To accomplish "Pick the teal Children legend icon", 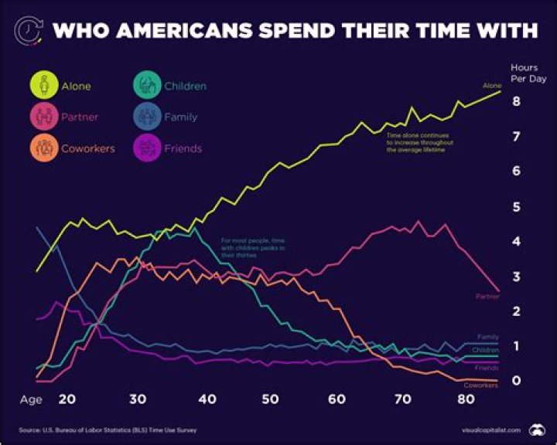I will tap(147, 86).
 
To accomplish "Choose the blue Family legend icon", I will tap(147, 117).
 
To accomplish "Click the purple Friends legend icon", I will tap(147, 148).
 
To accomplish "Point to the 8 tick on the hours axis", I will tap(515, 101).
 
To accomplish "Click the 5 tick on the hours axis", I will tap(515, 206).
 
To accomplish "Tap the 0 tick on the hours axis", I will tap(515, 381).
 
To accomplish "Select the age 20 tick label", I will tap(67, 399).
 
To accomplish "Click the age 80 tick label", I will tap(465, 399).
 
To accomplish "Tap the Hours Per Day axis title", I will tap(524, 73).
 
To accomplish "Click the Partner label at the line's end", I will tap(487, 297).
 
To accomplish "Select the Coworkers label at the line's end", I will tap(480, 386).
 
